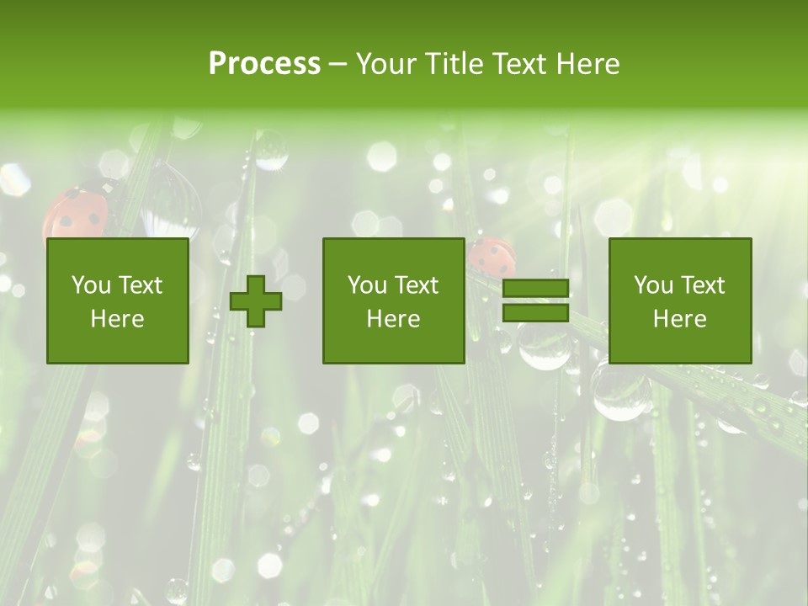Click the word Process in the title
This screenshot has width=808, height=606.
pyautogui.click(x=264, y=64)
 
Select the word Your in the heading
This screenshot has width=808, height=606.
pyautogui.click(x=385, y=64)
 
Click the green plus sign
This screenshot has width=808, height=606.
pyautogui.click(x=256, y=301)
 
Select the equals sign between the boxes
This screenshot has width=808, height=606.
pyautogui.click(x=535, y=301)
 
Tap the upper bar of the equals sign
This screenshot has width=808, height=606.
pyautogui.click(x=535, y=289)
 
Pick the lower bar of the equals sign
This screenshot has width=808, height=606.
pyautogui.click(x=535, y=313)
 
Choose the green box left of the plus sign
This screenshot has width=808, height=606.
pyautogui.click(x=117, y=300)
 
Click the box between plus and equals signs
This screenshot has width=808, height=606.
pyautogui.click(x=393, y=300)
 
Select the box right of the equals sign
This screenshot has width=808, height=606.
pyautogui.click(x=679, y=300)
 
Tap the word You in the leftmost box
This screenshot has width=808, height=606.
pyautogui.click(x=89, y=285)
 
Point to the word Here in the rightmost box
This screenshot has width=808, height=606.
pyautogui.click(x=679, y=318)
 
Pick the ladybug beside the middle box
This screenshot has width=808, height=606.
pyautogui.click(x=491, y=256)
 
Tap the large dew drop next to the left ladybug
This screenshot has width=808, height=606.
pyautogui.click(x=171, y=202)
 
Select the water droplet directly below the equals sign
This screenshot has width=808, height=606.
pyautogui.click(x=544, y=345)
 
